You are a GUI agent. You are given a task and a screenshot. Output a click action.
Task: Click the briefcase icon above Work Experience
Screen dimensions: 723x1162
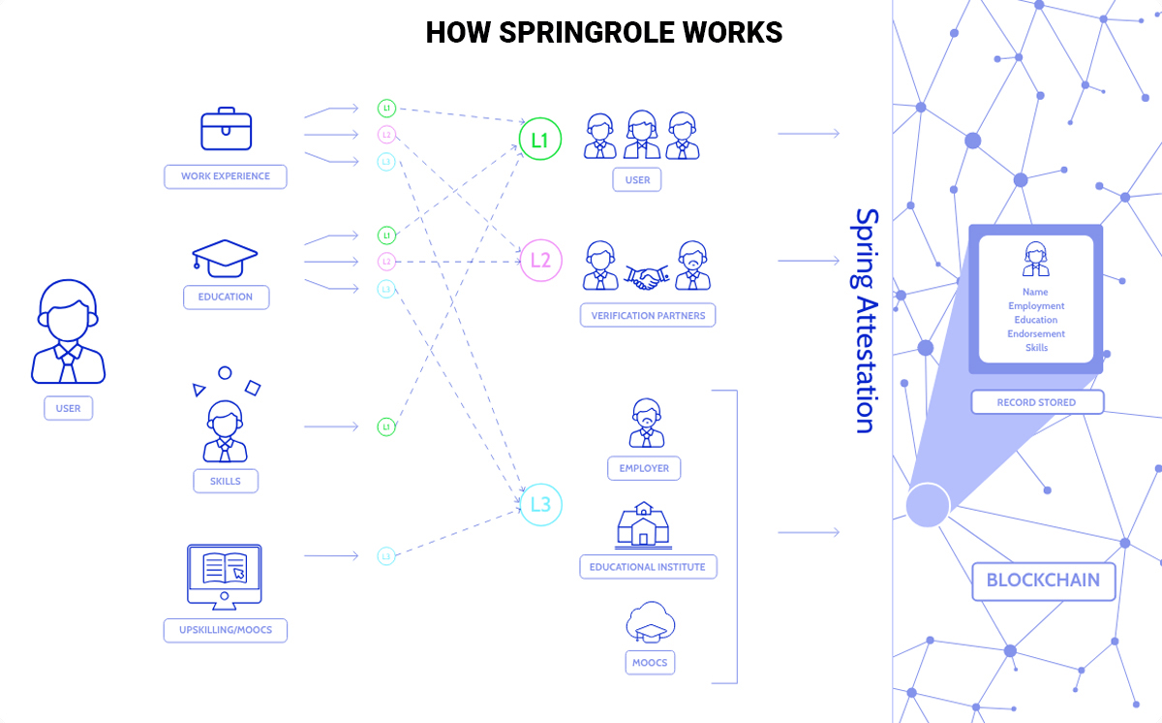[x=226, y=131]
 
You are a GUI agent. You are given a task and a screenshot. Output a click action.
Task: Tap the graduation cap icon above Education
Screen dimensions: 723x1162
[x=225, y=257]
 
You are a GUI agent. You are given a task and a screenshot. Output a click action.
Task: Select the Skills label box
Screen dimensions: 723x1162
[x=226, y=481]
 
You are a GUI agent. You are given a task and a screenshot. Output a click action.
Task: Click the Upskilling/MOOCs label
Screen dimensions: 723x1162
[x=226, y=630]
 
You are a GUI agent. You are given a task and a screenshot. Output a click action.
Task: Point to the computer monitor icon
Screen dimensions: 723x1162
[x=224, y=577]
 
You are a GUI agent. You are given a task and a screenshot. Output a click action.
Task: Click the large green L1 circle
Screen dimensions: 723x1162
[x=540, y=140]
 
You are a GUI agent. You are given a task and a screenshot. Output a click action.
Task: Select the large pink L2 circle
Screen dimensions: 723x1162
[x=540, y=260]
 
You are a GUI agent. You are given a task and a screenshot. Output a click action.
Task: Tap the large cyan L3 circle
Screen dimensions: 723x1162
[x=540, y=504]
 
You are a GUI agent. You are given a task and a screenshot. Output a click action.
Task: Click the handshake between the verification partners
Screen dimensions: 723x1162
[x=646, y=278]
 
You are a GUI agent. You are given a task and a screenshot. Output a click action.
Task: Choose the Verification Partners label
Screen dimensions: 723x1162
[x=648, y=315]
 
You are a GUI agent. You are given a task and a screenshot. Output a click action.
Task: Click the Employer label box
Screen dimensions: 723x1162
[x=644, y=468]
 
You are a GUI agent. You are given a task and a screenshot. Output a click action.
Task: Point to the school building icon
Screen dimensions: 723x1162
[x=645, y=526]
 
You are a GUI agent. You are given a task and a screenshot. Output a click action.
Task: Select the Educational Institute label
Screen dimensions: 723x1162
[x=648, y=566]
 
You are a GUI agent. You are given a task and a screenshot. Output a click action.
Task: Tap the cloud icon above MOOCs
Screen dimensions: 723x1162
[x=649, y=622]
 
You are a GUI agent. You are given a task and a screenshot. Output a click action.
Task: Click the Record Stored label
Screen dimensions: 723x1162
[x=1036, y=402]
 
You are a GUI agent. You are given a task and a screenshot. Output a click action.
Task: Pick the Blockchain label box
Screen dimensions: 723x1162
[x=1043, y=581]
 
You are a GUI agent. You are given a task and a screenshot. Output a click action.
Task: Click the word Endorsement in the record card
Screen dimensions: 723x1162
[x=1036, y=333]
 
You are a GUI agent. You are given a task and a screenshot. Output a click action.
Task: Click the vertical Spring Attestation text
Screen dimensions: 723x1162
[x=865, y=320]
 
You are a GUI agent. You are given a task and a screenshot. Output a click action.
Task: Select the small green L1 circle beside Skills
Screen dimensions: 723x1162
[x=385, y=426]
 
